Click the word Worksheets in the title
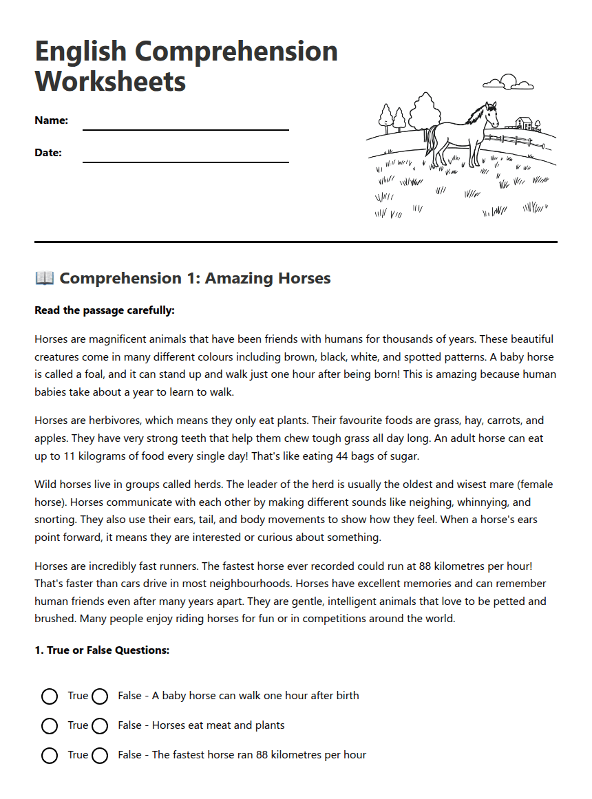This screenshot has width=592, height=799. (x=110, y=81)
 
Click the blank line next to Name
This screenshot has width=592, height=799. (x=185, y=128)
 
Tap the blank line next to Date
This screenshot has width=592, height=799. (x=185, y=161)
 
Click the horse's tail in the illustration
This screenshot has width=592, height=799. (x=430, y=141)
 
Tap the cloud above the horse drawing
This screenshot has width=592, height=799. (x=508, y=83)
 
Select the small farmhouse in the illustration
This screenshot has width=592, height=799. (x=525, y=124)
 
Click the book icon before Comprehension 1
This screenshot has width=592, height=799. (x=44, y=278)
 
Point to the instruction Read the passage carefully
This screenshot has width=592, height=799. (x=105, y=310)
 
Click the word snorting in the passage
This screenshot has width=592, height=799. (x=56, y=520)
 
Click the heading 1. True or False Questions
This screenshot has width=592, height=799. (x=102, y=650)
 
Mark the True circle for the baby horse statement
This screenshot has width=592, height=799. (x=50, y=696)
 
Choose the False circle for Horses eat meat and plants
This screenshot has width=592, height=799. (x=100, y=726)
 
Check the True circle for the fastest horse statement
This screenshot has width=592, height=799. (x=50, y=756)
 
